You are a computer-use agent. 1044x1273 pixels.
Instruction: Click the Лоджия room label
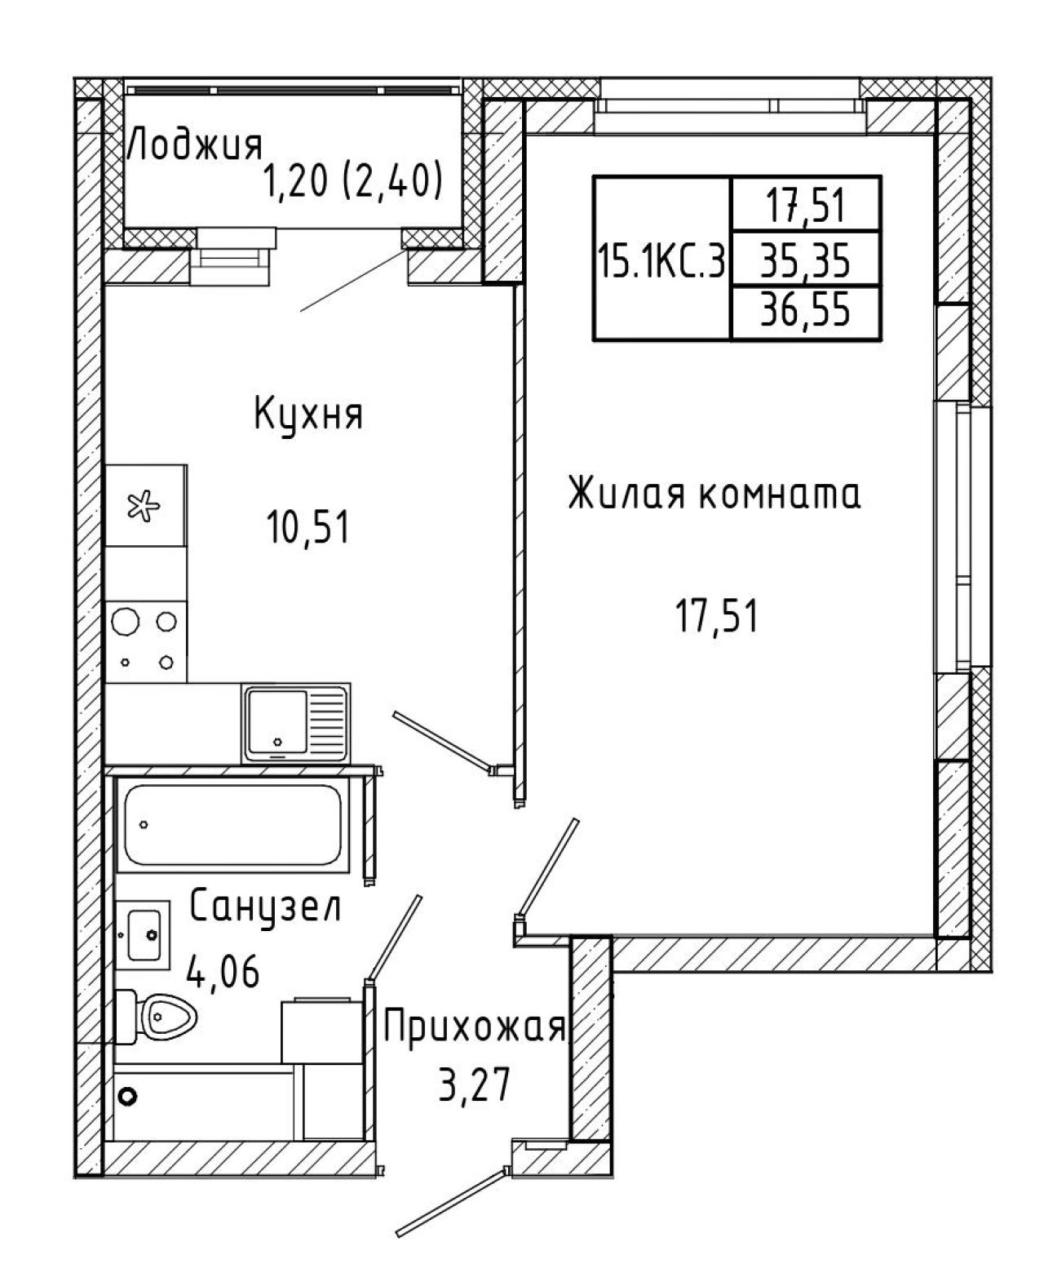coord(196,145)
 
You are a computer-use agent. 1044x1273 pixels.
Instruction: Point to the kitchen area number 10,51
coord(308,526)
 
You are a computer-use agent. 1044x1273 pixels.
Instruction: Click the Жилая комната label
coord(714,494)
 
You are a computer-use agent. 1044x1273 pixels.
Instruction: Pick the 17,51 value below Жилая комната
coord(716,615)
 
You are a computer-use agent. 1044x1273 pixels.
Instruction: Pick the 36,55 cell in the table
coord(805,309)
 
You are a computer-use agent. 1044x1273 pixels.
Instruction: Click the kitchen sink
coord(296,723)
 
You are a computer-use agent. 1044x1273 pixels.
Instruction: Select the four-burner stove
coord(146,641)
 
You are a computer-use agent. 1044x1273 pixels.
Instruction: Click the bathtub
coord(233,824)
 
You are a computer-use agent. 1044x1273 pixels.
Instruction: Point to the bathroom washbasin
coord(143,935)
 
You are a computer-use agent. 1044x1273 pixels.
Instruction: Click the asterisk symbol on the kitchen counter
coord(144,506)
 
